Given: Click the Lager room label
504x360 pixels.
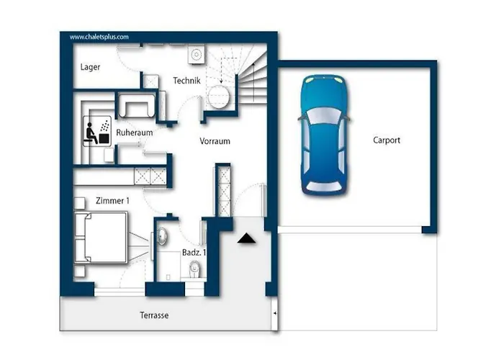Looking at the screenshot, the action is (90, 67).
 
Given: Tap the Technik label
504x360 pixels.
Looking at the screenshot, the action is (186, 81).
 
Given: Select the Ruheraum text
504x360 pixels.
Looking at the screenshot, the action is (135, 132).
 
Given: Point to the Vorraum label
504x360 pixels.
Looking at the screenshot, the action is (215, 141).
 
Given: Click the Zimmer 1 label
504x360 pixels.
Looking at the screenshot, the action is (112, 201).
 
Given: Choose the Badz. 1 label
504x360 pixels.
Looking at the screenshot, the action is (194, 253).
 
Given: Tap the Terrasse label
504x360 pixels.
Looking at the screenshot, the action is (154, 315).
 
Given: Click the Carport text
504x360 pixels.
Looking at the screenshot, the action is (387, 140).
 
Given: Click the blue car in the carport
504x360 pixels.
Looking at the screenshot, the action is (324, 135).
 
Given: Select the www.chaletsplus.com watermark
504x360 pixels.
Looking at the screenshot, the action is (99, 37).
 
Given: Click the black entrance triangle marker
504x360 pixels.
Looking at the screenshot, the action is (246, 238).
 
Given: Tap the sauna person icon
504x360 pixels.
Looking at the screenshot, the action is (91, 132).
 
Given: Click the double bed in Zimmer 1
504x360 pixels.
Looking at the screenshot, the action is (101, 237).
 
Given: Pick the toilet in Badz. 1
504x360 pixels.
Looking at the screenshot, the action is (194, 269).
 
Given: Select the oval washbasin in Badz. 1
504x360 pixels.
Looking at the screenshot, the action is (162, 237).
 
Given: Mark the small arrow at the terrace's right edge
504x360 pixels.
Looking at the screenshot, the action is (275, 313).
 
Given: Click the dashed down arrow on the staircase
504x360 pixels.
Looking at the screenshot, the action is (221, 71).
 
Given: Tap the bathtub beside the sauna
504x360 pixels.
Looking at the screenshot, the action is (136, 105).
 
